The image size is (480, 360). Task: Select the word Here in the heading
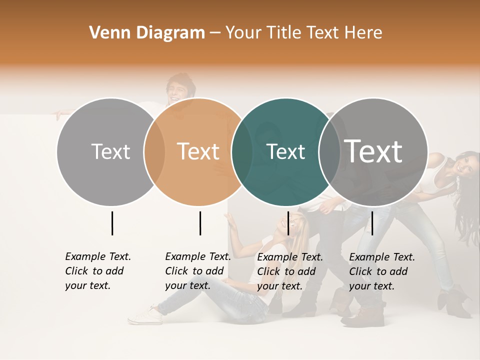364,33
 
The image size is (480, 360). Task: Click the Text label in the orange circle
198,151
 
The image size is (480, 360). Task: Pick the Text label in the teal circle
285,151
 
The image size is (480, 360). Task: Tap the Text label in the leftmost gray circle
110,151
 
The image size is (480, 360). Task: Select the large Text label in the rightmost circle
373,151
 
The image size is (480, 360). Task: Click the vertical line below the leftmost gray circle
112,223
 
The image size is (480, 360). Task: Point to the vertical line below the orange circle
200,223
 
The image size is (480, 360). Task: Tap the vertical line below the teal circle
288,223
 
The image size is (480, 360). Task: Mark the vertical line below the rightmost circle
372,223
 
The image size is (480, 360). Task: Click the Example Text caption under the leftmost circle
98,271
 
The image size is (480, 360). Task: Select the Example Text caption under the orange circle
198,271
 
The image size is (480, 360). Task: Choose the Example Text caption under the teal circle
290,271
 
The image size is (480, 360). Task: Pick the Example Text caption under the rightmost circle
382,271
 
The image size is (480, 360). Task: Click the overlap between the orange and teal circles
242,152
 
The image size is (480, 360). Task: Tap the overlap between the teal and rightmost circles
329,152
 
